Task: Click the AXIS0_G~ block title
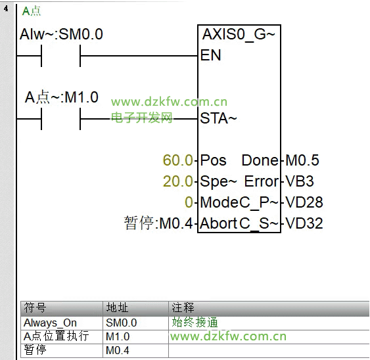pyautogui.click(x=239, y=35)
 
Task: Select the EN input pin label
pyautogui.click(x=210, y=55)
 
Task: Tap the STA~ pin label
pyautogui.click(x=218, y=118)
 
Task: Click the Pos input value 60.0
pyautogui.click(x=178, y=160)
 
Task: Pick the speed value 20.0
pyautogui.click(x=178, y=181)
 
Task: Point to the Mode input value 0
pyautogui.click(x=189, y=202)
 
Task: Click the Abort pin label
pyautogui.click(x=218, y=223)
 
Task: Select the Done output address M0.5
pyautogui.click(x=302, y=160)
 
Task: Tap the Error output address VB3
pyautogui.click(x=300, y=181)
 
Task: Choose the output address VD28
pyautogui.click(x=304, y=202)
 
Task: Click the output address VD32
pyautogui.click(x=304, y=223)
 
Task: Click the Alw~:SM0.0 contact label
pyautogui.click(x=61, y=34)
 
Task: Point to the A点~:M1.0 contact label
pyautogui.click(x=62, y=97)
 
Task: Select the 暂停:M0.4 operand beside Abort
pyautogui.click(x=158, y=223)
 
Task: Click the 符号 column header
pyautogui.click(x=35, y=308)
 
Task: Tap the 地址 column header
pyautogui.click(x=117, y=308)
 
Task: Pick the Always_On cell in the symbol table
pyautogui.click(x=50, y=323)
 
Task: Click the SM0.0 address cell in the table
pyautogui.click(x=122, y=323)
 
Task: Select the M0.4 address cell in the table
pyautogui.click(x=118, y=350)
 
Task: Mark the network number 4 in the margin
pyautogui.click(x=6, y=9)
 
